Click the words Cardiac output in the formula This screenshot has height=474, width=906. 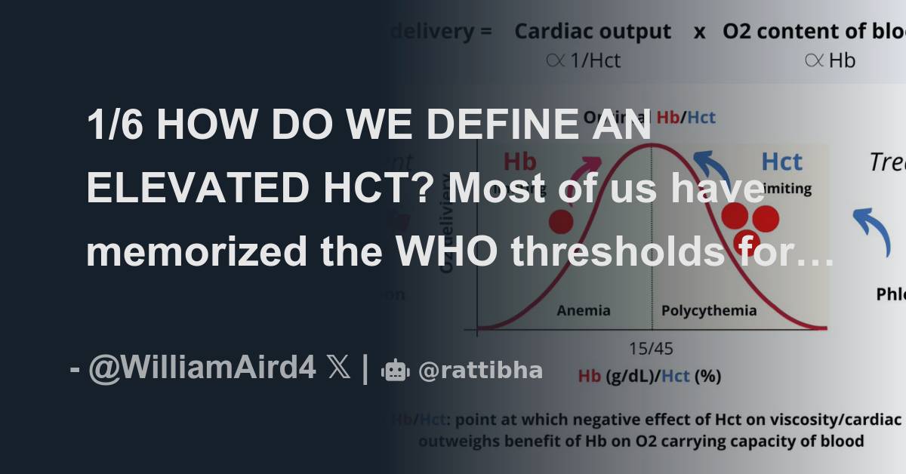tap(592, 32)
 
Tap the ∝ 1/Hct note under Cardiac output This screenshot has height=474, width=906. tap(583, 60)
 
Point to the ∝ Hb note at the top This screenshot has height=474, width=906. tap(830, 60)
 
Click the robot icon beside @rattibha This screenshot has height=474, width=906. tap(396, 371)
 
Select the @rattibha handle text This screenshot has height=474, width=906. tap(480, 371)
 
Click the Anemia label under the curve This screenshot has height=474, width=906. tap(583, 311)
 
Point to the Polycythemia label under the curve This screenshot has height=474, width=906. tap(708, 311)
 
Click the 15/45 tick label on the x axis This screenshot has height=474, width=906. tap(652, 349)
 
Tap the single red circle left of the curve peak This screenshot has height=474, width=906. tap(560, 221)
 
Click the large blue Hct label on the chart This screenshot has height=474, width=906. tap(781, 162)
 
